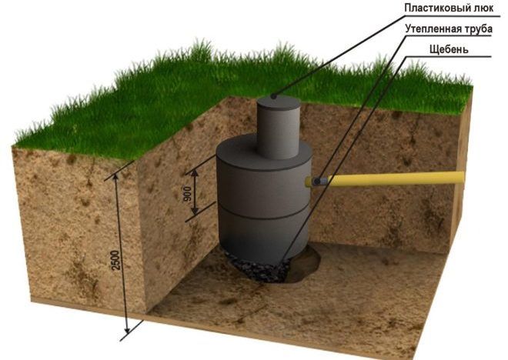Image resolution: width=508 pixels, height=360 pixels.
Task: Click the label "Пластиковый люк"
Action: pos(449,8)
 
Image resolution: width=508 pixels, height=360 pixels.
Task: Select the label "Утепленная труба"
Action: pos(449,29)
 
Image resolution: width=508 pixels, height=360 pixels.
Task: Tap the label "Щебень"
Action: pos(449,50)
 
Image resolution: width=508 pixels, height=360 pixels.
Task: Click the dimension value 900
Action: pos(188,194)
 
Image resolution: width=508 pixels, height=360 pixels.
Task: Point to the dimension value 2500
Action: pos(116,260)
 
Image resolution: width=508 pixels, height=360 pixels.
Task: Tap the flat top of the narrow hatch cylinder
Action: pos(279,102)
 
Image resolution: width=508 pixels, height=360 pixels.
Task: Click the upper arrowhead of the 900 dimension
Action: pos(195,174)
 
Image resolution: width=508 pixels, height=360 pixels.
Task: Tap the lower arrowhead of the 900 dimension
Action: pos(195,211)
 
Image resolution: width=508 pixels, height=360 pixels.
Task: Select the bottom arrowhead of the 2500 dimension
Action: pos(128,329)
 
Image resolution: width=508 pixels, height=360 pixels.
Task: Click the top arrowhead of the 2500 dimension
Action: pos(115,178)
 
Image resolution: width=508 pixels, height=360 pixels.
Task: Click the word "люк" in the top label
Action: pos(483,8)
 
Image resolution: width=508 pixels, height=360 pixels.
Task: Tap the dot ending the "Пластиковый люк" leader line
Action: pos(274,96)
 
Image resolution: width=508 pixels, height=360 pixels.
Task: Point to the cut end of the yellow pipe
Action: pos(462,178)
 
